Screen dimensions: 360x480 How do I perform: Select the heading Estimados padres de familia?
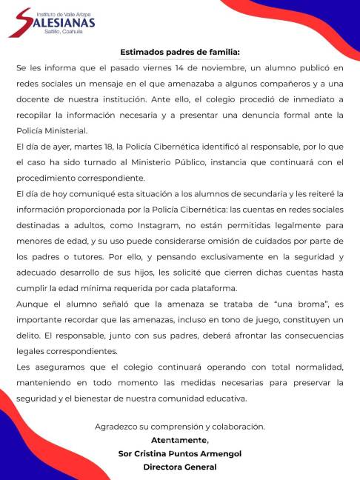coord(180,52)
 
